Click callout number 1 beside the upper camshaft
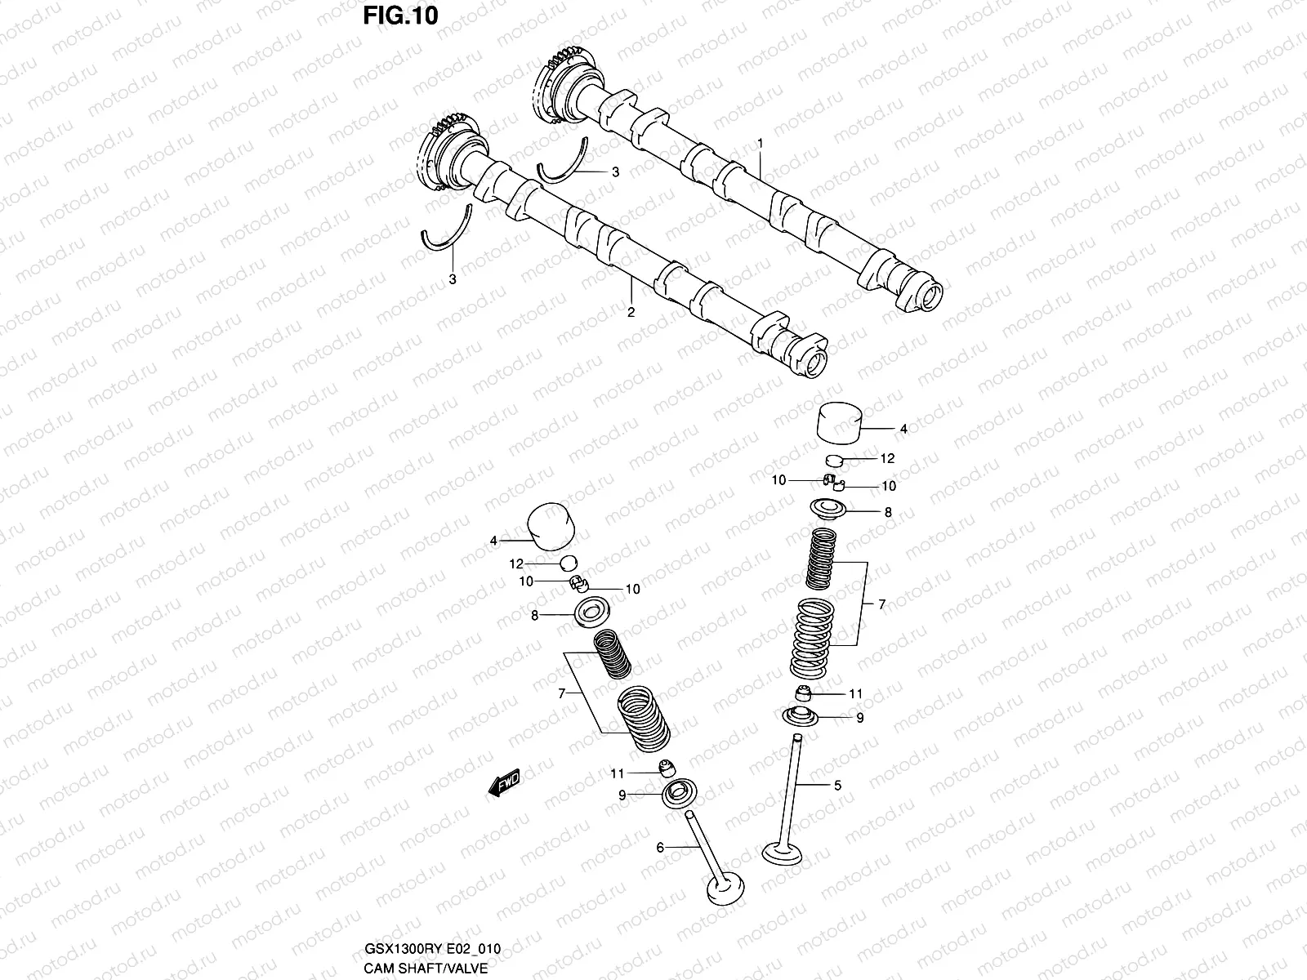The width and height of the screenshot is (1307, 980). click(760, 143)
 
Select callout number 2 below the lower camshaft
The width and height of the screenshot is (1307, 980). click(631, 312)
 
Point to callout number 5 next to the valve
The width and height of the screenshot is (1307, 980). click(837, 786)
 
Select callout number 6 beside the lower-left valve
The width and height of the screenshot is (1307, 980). click(660, 848)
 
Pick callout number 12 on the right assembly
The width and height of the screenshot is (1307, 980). click(888, 458)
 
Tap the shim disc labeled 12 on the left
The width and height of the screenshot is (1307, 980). click(569, 562)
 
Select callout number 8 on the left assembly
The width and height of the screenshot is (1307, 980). click(534, 616)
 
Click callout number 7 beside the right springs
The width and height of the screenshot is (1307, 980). click(881, 604)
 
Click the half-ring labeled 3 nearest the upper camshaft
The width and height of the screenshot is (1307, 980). click(562, 166)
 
